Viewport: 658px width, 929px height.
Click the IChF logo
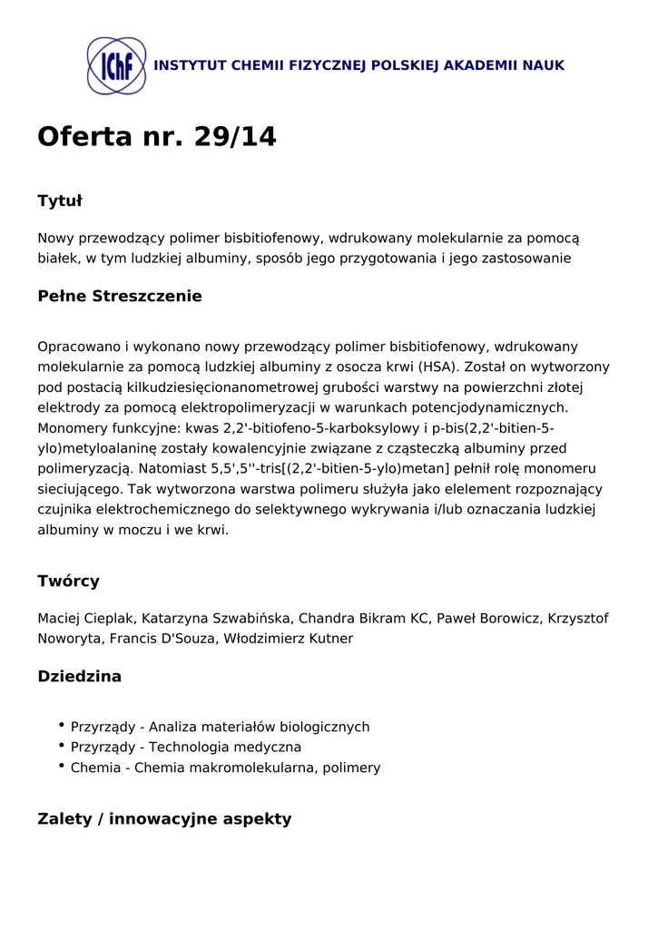[116, 66]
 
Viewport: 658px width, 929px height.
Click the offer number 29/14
[235, 137]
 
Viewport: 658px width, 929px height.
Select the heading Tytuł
[60, 200]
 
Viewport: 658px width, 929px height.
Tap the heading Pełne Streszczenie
[120, 297]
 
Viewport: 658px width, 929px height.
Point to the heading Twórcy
[68, 582]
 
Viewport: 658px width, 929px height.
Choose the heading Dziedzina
[80, 677]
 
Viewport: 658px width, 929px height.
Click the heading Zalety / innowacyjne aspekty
[164, 819]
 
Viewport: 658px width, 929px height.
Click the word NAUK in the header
[543, 66]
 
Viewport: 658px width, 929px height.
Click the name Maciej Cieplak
[86, 619]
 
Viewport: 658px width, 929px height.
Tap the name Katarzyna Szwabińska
[218, 619]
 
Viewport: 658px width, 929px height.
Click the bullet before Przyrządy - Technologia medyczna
[61, 746]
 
